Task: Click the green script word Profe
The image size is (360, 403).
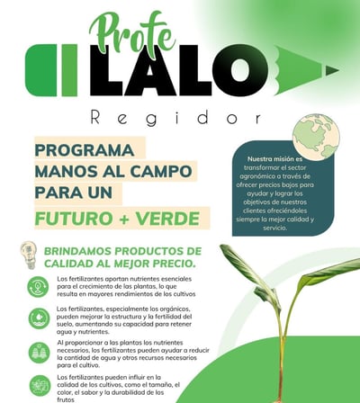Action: [x=132, y=35]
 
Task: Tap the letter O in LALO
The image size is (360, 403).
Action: [x=239, y=70]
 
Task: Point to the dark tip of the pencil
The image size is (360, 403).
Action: [x=332, y=71]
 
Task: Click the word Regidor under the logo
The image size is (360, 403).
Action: [x=175, y=118]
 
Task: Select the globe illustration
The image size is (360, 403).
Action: [x=316, y=136]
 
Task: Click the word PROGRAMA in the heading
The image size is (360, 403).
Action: [x=85, y=150]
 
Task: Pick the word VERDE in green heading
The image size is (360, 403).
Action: [x=167, y=219]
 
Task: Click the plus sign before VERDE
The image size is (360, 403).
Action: [x=123, y=219]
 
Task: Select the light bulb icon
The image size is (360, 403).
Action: [x=29, y=255]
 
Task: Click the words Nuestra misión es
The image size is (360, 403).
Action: [x=274, y=159]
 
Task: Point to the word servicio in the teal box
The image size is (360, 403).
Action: [x=274, y=228]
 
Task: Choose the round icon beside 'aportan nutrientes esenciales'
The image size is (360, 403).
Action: [x=38, y=287]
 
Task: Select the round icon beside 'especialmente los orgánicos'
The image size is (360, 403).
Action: [x=39, y=318]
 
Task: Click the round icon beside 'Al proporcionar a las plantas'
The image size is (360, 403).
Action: [x=39, y=353]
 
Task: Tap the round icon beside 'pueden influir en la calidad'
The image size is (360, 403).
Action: [x=40, y=386]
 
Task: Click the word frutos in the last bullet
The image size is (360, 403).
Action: [x=66, y=399]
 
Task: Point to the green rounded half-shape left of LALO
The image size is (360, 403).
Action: [x=40, y=70]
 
